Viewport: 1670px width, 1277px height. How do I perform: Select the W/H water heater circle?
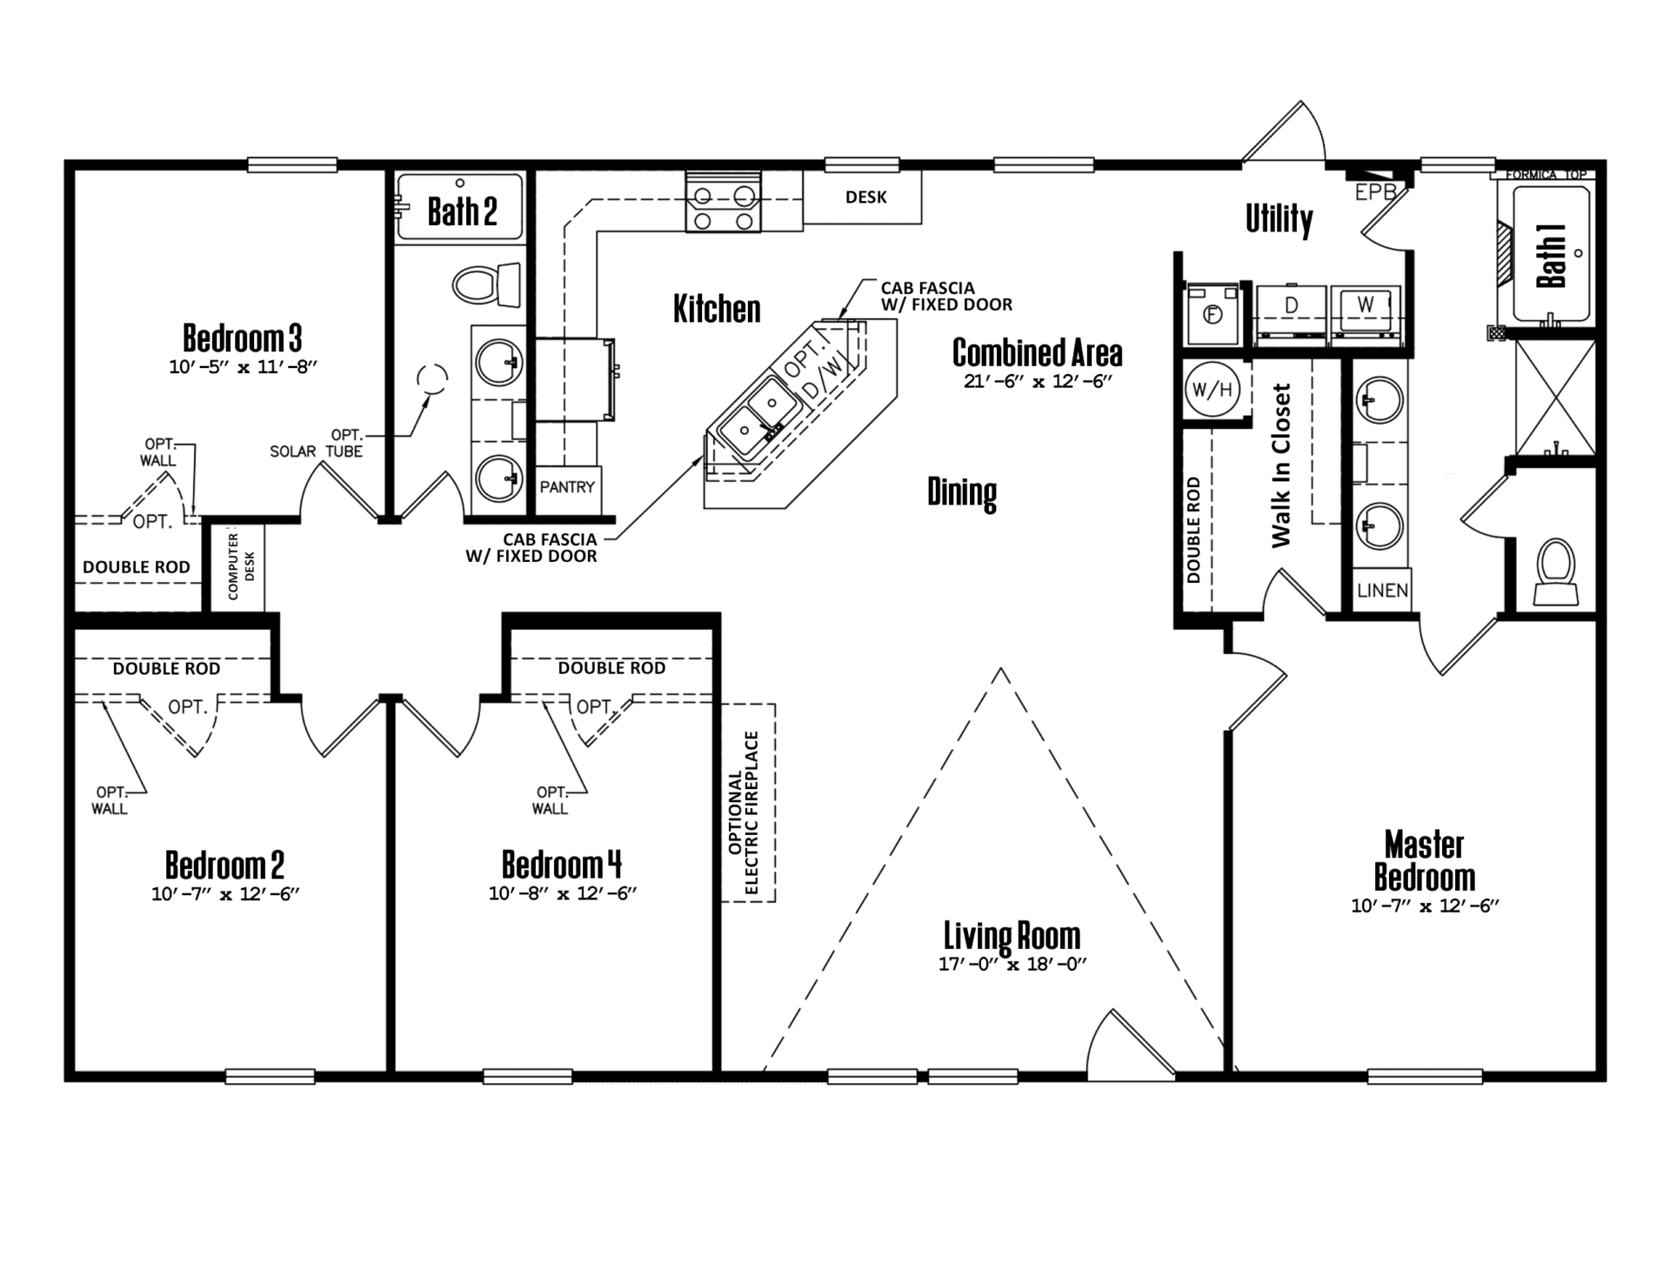coord(1212,389)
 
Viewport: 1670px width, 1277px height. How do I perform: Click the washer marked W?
coord(1366,310)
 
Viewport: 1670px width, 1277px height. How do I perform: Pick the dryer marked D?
coord(1292,310)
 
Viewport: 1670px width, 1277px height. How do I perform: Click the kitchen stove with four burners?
coord(723,202)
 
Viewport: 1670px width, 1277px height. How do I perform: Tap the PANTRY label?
coord(567,487)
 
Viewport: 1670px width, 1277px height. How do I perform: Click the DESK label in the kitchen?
coord(866,197)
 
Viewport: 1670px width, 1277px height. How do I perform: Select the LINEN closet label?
coord(1382,591)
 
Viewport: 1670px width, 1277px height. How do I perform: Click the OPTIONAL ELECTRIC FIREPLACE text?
coord(744,812)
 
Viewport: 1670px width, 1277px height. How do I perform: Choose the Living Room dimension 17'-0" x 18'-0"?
coord(1012,964)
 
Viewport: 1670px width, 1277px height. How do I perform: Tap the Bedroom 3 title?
coord(243,338)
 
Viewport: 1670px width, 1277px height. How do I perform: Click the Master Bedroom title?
coord(1425,860)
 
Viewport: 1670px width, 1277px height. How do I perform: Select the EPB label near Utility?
coord(1375,192)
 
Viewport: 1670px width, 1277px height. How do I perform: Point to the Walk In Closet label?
coord(1281,465)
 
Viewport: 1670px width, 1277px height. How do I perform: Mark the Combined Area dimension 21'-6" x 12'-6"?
coord(1039,381)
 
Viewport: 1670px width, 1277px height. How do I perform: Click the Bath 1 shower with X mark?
coord(1555,397)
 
